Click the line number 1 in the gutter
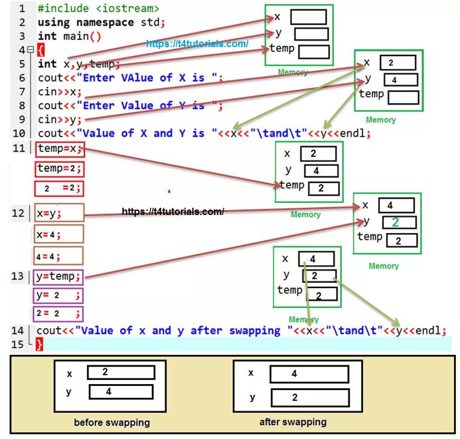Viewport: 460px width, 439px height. click(22, 8)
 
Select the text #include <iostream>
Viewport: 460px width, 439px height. click(98, 8)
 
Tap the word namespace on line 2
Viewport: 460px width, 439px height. click(106, 22)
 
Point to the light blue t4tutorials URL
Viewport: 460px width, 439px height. click(197, 44)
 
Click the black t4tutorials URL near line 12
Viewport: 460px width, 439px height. click(173, 211)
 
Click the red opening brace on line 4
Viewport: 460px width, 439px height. click(40, 50)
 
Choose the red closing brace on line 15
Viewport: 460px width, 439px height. click(40, 344)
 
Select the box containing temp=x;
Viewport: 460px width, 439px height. click(59, 149)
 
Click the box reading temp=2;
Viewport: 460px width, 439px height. click(59, 168)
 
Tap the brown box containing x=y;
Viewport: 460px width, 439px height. click(59, 213)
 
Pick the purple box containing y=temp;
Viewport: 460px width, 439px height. click(58, 277)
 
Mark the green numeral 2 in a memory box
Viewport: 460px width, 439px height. click(395, 222)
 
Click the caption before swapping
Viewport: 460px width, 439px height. click(112, 422)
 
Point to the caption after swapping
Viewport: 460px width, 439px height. click(293, 422)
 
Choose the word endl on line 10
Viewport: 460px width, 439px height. click(355, 133)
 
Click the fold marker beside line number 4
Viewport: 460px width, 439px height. click(30, 50)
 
